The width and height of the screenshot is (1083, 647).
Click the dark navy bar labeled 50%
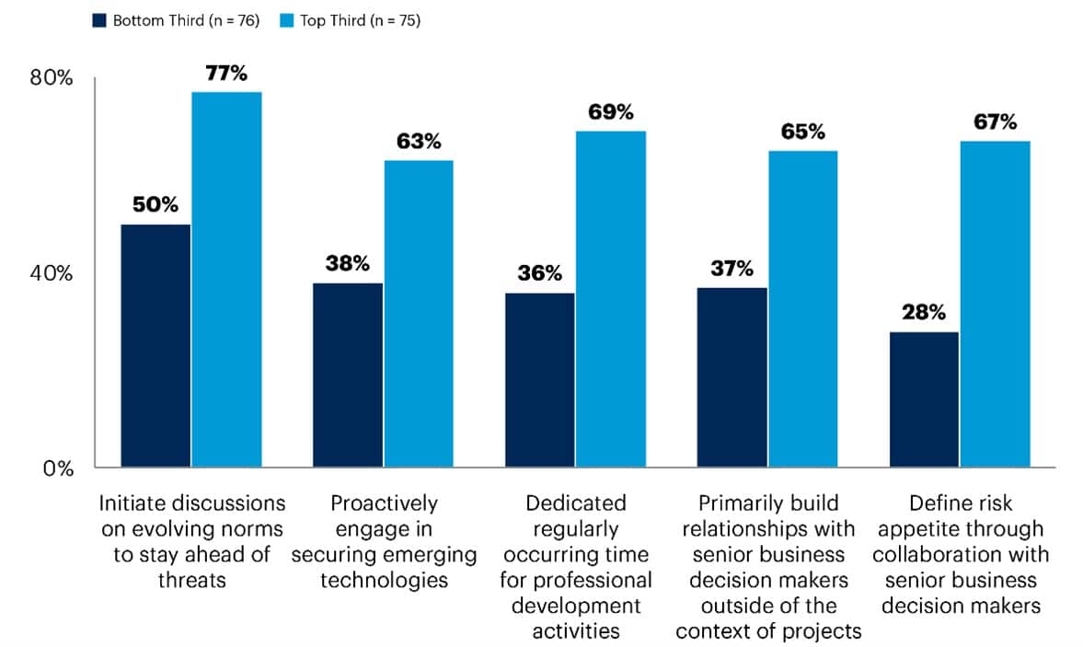[156, 345]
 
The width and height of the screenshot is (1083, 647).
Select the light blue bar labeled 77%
[226, 279]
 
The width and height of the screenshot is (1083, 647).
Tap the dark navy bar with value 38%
[348, 375]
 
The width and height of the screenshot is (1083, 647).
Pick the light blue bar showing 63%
[419, 313]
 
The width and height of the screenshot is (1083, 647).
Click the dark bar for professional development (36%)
[540, 379]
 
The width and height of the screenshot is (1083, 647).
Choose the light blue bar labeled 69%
[611, 299]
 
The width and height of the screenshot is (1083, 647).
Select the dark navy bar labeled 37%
[732, 377]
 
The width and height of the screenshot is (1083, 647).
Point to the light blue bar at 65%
[803, 308]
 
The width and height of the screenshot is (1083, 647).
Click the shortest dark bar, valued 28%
[924, 399]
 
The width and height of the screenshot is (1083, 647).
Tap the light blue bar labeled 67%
[996, 304]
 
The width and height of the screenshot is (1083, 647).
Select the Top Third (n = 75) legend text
[360, 20]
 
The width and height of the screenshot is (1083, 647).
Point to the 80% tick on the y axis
[52, 78]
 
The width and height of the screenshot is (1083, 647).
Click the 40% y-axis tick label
[52, 273]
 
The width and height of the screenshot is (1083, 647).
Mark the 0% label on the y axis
[57, 468]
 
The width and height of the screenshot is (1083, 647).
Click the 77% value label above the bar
[225, 74]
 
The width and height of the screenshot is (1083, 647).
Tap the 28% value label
[924, 313]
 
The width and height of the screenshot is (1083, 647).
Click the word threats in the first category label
[192, 580]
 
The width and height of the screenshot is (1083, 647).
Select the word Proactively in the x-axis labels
[384, 503]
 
